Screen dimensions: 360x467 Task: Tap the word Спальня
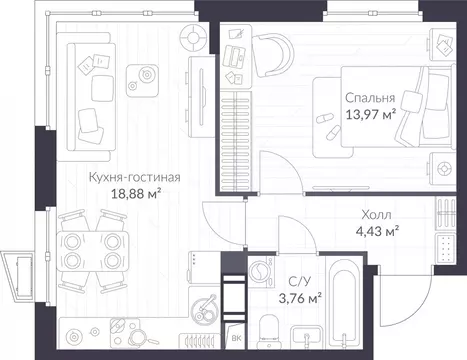pyautogui.click(x=370, y=98)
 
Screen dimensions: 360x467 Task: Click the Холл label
pyautogui.click(x=375, y=214)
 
